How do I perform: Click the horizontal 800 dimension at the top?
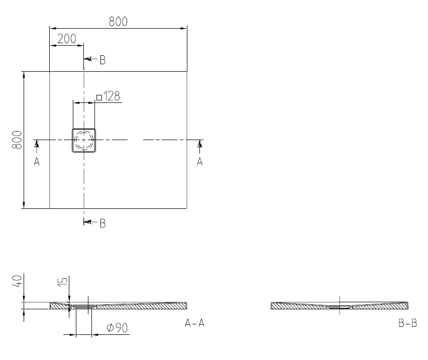[x=118, y=22]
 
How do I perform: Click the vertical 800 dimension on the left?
[x=17, y=140]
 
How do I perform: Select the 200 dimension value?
[x=67, y=39]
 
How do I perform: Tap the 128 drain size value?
[x=112, y=96]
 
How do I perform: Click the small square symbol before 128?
[x=99, y=97]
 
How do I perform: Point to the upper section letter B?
[x=102, y=60]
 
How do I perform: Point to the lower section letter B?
[x=102, y=223]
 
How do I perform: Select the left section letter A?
[x=37, y=162]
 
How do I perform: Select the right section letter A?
[x=200, y=162]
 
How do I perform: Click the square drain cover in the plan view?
[x=84, y=141]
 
